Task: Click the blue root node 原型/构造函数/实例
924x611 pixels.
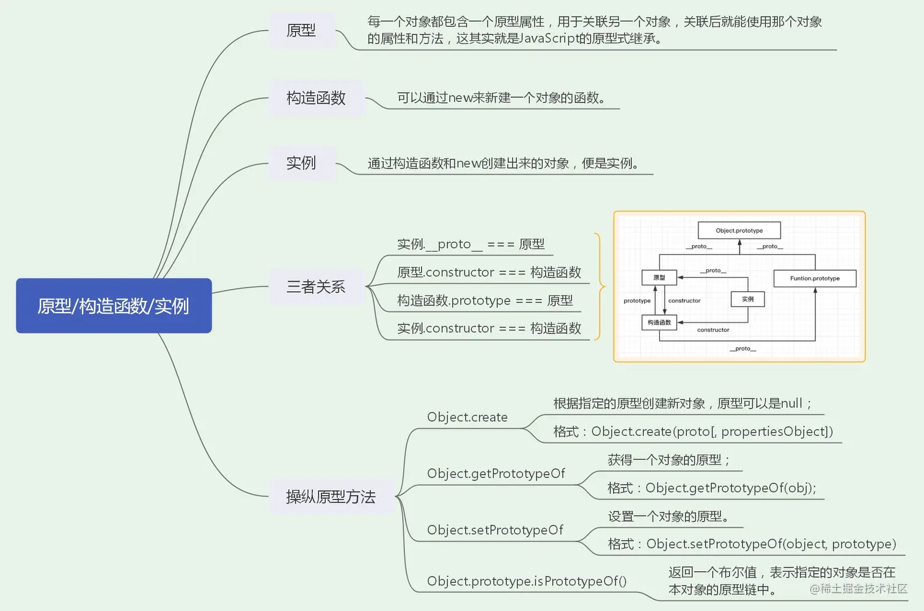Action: point(114,306)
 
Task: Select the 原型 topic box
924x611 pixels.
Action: point(301,31)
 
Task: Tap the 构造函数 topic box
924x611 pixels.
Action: point(316,98)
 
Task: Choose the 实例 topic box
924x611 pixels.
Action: point(301,163)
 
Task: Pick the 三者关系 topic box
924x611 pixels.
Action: point(316,287)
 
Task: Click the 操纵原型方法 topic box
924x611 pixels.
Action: point(331,497)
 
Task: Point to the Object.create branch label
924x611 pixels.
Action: point(467,418)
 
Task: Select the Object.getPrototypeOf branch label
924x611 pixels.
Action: point(496,474)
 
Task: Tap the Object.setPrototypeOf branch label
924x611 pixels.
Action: point(495,530)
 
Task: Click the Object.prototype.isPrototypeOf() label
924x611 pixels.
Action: point(527,582)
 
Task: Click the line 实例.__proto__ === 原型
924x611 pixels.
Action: point(471,245)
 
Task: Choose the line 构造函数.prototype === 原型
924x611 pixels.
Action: point(485,301)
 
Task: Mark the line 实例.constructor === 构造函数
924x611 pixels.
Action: point(489,329)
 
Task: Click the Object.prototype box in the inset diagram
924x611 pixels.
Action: point(739,231)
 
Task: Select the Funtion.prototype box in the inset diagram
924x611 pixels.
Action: point(815,278)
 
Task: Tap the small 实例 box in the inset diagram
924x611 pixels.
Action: point(747,299)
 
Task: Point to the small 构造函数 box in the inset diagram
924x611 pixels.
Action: point(659,322)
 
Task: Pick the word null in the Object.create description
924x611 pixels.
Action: point(791,403)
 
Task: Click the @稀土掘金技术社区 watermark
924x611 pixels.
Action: point(859,588)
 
